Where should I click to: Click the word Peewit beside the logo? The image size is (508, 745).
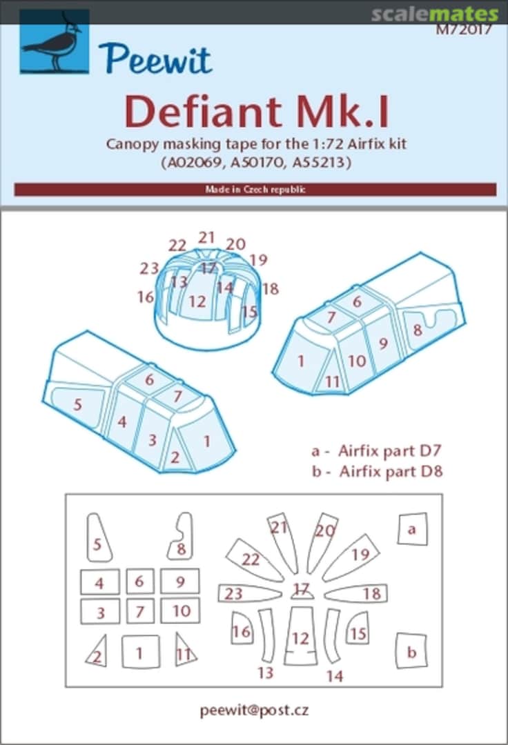pos(155,59)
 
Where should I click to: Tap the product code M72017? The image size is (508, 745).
pos(464,30)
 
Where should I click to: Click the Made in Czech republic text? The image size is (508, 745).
pos(255,190)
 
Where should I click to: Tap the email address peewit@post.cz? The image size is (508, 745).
pos(254,711)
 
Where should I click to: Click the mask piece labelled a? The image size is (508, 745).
pos(413,529)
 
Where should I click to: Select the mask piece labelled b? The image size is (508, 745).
pos(411,651)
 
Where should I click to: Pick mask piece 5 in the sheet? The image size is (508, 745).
pos(99,537)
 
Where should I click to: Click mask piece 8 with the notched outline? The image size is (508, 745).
pos(181,537)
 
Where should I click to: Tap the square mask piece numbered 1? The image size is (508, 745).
pos(140,651)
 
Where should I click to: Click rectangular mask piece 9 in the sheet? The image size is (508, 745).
pos(179,581)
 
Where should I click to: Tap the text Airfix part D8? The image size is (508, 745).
pos(391,471)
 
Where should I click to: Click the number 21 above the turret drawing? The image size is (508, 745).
pos(206,237)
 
